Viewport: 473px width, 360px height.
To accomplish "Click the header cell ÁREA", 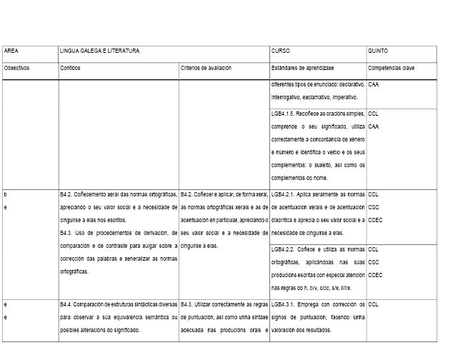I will tap(11, 51).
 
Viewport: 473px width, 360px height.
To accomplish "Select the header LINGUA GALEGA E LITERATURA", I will tap(99, 51).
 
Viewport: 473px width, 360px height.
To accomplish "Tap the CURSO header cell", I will tap(280, 51).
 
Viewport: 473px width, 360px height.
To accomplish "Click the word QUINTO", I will tap(379, 51).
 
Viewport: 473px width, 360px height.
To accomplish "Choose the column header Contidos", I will tap(71, 68).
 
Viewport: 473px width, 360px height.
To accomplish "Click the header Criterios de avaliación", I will tap(206, 68).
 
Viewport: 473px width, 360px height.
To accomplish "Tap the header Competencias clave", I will tap(391, 68).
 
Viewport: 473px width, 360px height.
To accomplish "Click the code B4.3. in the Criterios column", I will tap(189, 304).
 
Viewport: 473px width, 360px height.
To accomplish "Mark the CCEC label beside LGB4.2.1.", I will tap(376, 220).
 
